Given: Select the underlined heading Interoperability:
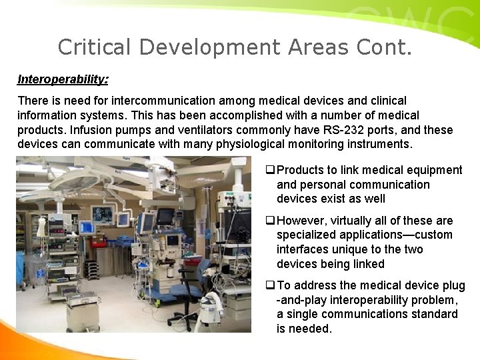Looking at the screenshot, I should click(x=63, y=79).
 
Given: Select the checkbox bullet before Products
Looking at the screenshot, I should click(x=270, y=171).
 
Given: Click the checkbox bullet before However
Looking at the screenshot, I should click(x=270, y=221).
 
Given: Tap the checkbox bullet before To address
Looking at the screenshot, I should click(x=270, y=286).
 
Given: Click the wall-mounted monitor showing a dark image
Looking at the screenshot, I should click(x=103, y=215).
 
